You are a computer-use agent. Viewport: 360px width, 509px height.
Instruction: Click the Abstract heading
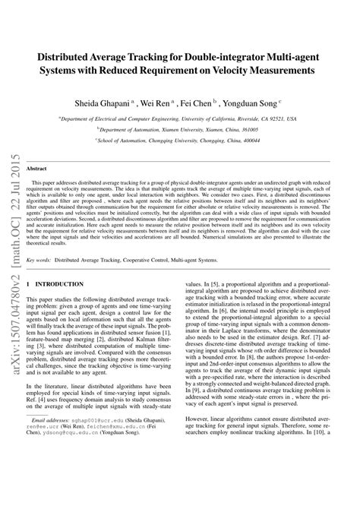(x=37, y=168)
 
